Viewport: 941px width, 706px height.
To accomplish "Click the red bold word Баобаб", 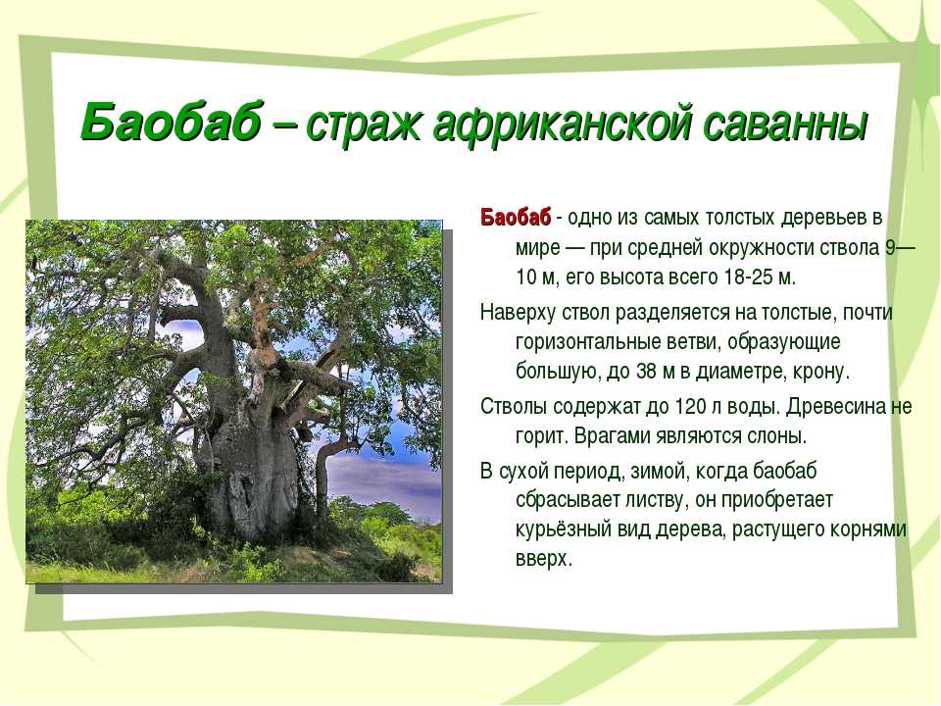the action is (x=515, y=217).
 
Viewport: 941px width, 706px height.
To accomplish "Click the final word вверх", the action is (x=543, y=560).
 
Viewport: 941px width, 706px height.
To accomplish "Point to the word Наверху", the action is (x=519, y=312).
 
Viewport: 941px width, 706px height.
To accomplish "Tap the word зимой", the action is (x=657, y=472).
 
